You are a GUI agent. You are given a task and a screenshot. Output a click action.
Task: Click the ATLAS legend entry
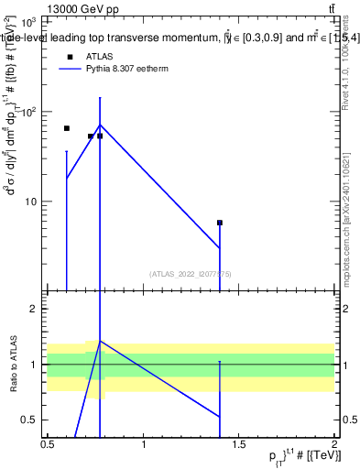98,57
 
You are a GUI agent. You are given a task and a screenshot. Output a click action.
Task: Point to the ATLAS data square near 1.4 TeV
220,223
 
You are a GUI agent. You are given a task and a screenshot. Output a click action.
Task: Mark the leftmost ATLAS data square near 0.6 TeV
67,128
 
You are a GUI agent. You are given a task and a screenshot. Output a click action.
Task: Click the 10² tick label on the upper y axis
29,112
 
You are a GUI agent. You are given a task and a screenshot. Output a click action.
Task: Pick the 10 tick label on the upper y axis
32,202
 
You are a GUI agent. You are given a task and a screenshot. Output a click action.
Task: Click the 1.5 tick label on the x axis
239,445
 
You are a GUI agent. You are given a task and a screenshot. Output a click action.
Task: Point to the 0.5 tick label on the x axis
48,445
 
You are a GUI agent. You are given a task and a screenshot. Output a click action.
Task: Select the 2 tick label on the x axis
335,445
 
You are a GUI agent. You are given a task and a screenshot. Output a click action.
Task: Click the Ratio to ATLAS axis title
13,365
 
